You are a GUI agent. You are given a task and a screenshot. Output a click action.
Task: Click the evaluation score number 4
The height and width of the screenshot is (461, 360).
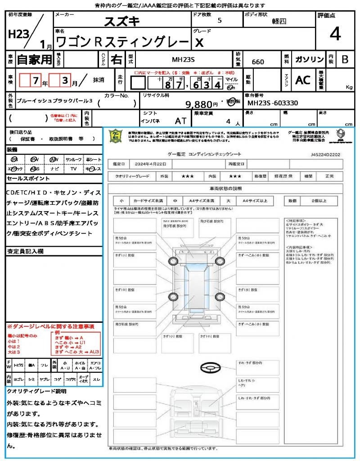(335, 34)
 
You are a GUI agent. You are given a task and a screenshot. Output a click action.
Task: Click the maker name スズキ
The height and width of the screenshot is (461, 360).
(122, 21)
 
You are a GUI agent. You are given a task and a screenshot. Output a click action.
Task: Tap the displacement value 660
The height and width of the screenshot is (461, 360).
(258, 62)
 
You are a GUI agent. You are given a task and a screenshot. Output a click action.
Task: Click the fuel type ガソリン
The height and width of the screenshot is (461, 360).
(309, 59)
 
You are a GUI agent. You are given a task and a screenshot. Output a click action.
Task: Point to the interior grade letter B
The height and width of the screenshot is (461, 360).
(345, 59)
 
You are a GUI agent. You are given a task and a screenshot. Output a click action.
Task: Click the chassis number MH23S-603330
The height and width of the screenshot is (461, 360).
(273, 103)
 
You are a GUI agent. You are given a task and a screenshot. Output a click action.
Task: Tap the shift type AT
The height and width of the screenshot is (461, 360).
(180, 121)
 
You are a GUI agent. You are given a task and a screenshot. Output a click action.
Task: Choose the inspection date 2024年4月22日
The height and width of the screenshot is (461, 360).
(149, 164)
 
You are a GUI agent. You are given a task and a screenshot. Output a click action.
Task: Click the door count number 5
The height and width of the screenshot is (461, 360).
(219, 20)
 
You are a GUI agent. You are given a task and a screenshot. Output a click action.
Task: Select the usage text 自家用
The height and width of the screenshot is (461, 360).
(34, 59)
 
